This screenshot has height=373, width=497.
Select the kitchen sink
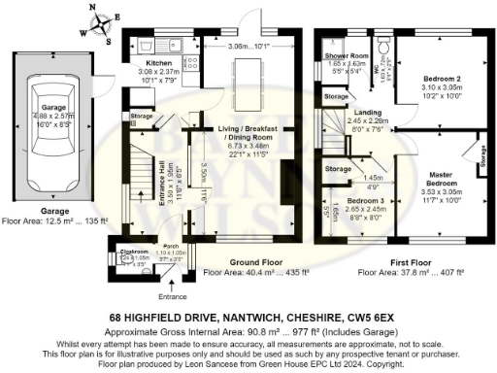click(x=173, y=42)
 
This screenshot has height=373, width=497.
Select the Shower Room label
click(x=346, y=56)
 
